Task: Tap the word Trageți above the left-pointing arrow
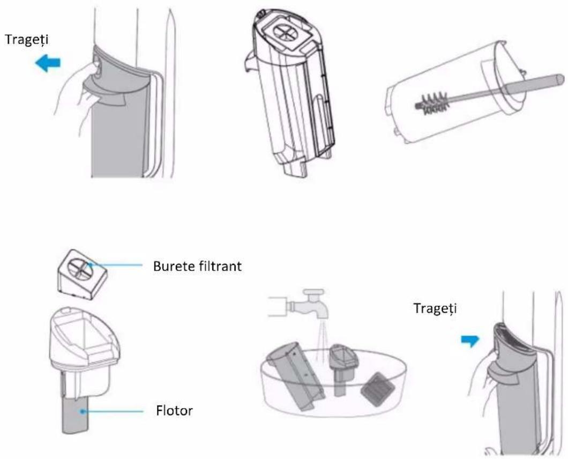(x=26, y=39)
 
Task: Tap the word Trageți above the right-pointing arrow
(x=435, y=308)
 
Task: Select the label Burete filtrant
(x=197, y=266)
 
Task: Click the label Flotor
(x=174, y=411)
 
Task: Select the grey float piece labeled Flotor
(x=76, y=414)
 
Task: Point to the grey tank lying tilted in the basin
(x=294, y=375)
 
